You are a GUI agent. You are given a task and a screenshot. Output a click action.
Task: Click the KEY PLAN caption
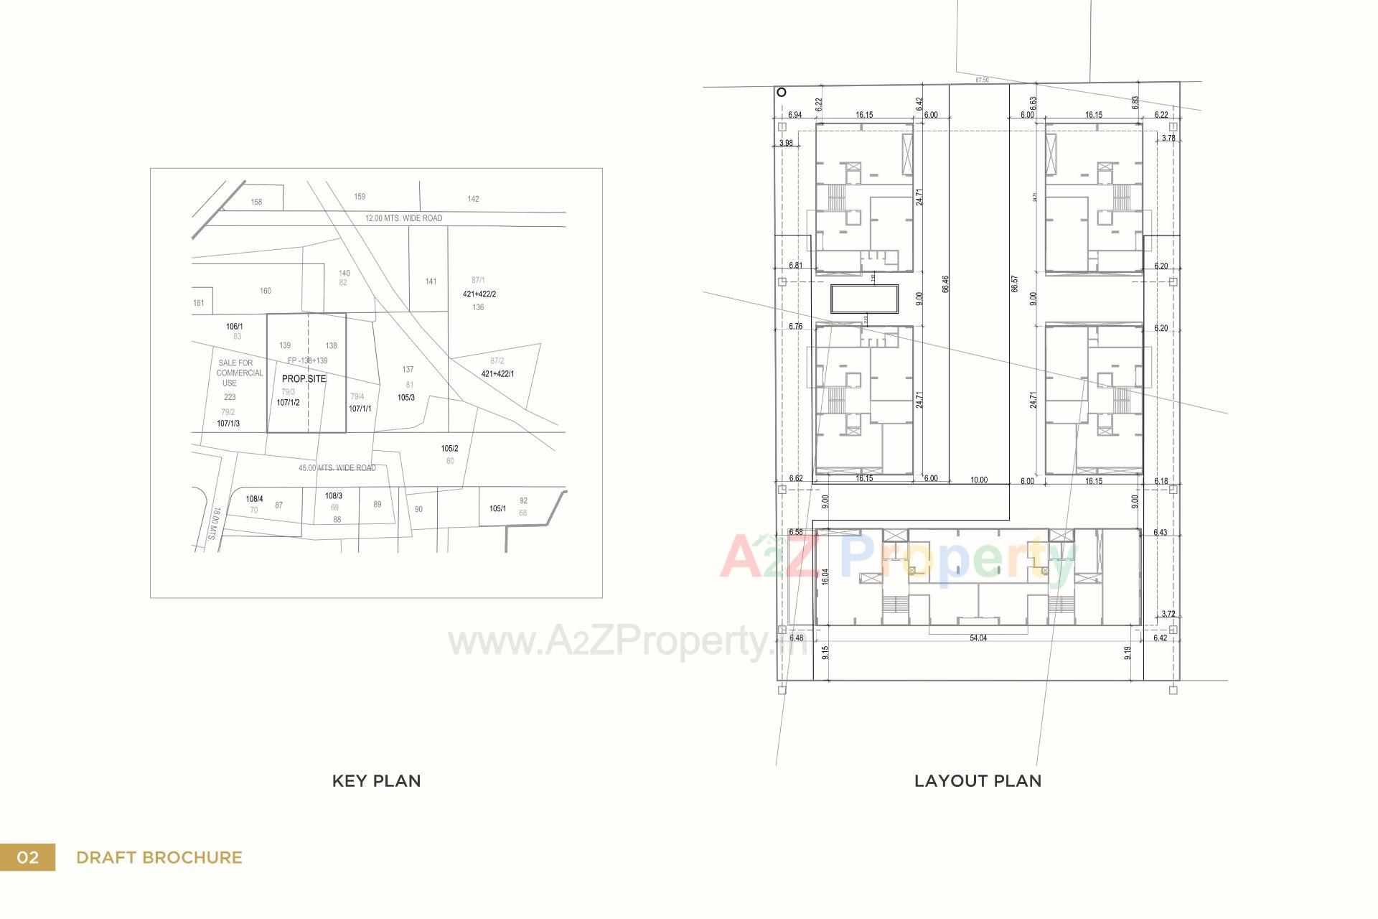376,781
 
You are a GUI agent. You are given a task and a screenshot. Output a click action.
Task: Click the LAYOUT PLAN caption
978,781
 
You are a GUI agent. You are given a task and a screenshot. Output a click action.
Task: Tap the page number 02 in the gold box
27,857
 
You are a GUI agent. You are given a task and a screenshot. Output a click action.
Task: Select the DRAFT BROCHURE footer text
159,857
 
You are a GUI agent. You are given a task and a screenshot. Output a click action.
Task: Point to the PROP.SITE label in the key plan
304,378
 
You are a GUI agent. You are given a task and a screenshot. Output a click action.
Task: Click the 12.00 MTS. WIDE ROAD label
403,218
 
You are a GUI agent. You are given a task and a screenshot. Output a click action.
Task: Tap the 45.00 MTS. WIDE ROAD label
337,468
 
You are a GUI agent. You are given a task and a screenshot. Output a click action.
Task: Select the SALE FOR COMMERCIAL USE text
238,373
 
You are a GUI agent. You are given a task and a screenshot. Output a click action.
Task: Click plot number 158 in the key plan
256,202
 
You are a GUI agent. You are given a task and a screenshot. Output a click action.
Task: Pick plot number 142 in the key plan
473,199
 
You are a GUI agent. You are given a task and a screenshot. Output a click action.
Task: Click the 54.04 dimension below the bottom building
978,638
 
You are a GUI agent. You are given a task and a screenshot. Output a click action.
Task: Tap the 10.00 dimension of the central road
978,480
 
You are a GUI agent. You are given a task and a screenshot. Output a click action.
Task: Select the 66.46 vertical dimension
945,284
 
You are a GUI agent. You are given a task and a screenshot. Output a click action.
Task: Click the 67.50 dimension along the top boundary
982,80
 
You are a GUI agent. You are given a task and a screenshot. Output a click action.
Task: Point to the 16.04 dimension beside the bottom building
825,577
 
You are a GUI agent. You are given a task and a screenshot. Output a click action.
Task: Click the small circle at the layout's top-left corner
782,92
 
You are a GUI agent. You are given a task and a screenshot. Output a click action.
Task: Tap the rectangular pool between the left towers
865,299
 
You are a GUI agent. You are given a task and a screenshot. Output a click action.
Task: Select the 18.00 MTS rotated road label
213,523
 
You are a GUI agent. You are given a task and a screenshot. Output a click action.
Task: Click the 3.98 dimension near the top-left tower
786,143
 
